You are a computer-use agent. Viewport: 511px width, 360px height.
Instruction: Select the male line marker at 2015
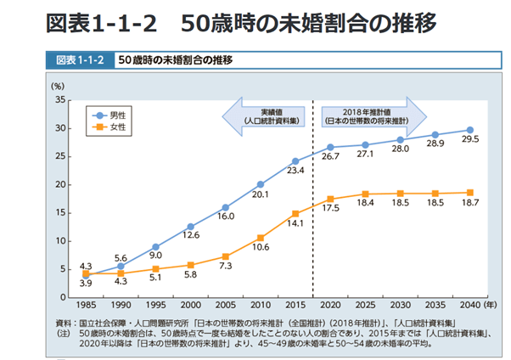295,161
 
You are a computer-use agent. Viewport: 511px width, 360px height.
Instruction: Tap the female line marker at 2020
330,199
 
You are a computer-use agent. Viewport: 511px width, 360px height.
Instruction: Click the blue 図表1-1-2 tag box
79,61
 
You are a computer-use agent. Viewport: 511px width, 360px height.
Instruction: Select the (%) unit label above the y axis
57,86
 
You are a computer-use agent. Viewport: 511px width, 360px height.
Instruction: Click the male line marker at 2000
190,227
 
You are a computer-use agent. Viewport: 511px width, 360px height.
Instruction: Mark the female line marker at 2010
261,238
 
